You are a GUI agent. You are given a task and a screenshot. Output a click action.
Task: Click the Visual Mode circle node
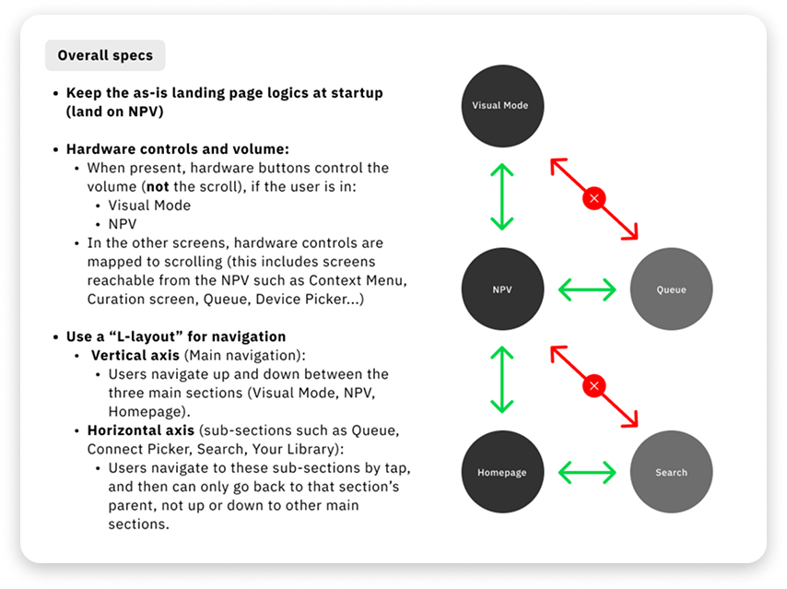[502, 106]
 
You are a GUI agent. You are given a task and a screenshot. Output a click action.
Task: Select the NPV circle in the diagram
[502, 289]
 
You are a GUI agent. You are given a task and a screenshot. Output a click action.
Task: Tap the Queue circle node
[671, 289]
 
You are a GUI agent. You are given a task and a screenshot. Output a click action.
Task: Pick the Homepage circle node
[502, 472]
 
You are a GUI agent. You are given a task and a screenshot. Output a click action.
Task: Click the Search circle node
[671, 472]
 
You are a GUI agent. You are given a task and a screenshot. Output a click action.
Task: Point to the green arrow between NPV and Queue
[587, 289]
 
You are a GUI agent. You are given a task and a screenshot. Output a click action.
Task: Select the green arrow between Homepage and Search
[587, 473]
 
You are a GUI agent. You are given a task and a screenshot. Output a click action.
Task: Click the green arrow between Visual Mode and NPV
[502, 197]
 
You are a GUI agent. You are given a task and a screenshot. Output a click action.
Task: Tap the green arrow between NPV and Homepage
[502, 380]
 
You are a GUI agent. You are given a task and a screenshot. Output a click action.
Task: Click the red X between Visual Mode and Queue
[594, 198]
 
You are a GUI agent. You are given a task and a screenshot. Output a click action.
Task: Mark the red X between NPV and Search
[594, 385]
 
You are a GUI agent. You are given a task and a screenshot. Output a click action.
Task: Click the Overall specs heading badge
[105, 55]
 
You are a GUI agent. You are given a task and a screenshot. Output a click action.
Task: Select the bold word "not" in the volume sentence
[158, 187]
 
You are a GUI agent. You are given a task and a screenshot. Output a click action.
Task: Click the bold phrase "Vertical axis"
[135, 356]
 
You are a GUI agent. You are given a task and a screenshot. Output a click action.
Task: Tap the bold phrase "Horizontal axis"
[140, 430]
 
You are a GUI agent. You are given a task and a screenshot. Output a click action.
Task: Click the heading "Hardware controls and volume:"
[178, 149]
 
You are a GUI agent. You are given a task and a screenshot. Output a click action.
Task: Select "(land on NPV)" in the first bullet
[115, 112]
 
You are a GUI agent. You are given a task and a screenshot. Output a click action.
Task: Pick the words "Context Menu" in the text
[358, 280]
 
